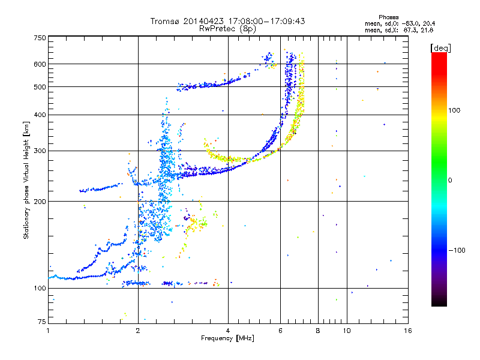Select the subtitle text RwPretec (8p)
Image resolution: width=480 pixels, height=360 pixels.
pyautogui.click(x=227, y=29)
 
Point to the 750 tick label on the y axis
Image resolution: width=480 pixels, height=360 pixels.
pyautogui.click(x=40, y=38)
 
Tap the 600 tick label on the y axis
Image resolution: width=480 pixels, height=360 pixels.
pyautogui.click(x=40, y=64)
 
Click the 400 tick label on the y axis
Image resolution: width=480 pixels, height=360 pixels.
pyautogui.click(x=40, y=115)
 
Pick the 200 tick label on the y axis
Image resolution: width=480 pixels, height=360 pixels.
pyautogui.click(x=40, y=202)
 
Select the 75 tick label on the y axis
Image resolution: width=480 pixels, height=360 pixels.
pyautogui.click(x=42, y=322)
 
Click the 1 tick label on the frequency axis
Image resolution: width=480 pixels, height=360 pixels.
pyautogui.click(x=48, y=331)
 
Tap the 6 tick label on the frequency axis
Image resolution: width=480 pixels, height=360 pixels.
pyautogui.click(x=280, y=331)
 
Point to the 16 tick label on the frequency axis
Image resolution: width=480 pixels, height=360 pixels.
pyautogui.click(x=408, y=331)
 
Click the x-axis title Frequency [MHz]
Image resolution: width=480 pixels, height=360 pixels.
pyautogui.click(x=228, y=338)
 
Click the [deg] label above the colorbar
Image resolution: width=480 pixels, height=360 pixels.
pyautogui.click(x=440, y=48)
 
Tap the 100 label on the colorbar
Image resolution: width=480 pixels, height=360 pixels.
pyautogui.click(x=454, y=110)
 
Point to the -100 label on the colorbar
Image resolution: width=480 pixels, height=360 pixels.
pyautogui.click(x=457, y=250)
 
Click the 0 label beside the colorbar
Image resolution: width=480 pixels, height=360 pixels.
pyautogui.click(x=450, y=181)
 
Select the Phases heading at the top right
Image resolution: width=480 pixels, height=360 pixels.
pyautogui.click(x=388, y=17)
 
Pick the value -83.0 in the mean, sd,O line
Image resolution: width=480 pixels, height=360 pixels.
pyautogui.click(x=410, y=23)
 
